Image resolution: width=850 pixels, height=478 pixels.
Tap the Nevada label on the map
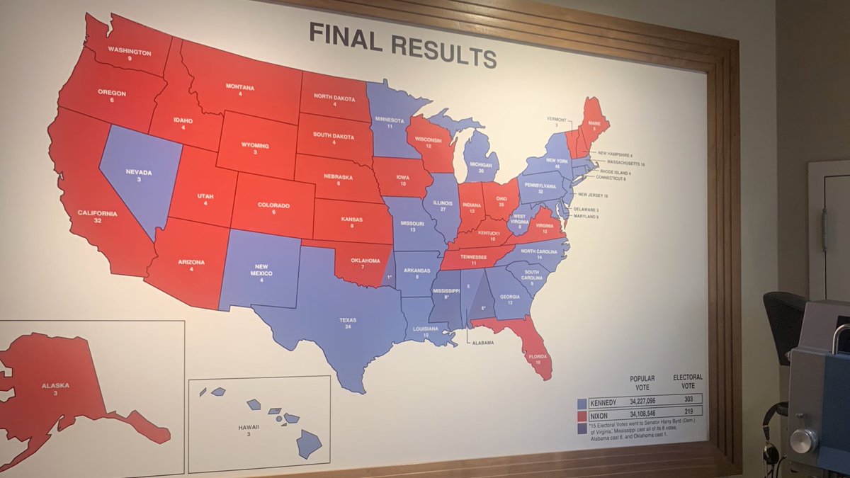(134, 172)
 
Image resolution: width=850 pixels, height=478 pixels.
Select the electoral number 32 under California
(98, 221)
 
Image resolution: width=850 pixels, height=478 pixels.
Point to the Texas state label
(347, 320)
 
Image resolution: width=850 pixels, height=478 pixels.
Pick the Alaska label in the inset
(55, 385)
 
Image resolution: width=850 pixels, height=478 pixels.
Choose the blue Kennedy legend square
(582, 403)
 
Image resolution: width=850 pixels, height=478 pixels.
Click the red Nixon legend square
(582, 415)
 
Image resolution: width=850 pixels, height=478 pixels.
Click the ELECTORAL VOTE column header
(687, 382)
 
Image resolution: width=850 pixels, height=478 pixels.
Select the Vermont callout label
(557, 118)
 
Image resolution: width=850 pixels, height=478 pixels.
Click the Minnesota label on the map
(389, 120)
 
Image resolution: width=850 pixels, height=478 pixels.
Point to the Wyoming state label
(256, 146)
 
